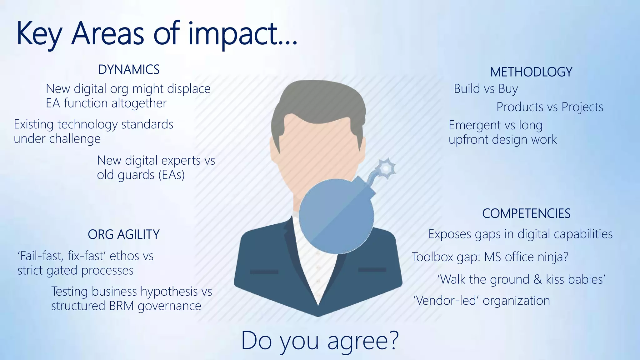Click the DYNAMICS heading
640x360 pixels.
(x=129, y=70)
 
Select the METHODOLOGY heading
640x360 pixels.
(x=531, y=72)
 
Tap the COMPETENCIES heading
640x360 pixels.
(x=526, y=214)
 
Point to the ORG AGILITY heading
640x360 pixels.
(x=124, y=234)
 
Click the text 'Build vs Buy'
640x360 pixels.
(x=486, y=89)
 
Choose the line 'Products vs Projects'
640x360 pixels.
(x=550, y=107)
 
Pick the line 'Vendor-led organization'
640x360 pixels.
(x=481, y=301)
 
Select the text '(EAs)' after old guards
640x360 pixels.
(x=172, y=175)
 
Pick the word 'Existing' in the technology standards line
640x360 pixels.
(x=34, y=125)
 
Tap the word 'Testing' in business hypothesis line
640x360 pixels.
(x=69, y=292)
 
